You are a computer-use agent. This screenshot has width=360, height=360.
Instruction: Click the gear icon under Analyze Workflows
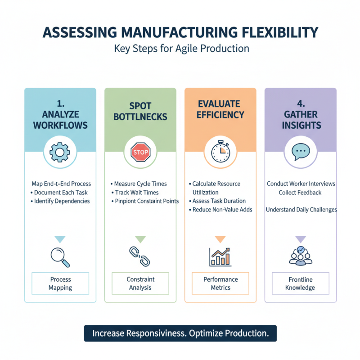tap(60, 153)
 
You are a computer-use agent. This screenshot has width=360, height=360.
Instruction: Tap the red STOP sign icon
tap(140, 153)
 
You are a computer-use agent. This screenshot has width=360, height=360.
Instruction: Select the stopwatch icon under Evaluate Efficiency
tap(220, 153)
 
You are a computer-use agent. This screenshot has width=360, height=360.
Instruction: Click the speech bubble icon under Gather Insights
tap(300, 153)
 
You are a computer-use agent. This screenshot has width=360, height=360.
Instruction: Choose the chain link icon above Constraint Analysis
tap(140, 256)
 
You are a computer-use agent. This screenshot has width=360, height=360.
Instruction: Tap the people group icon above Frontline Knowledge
tap(300, 256)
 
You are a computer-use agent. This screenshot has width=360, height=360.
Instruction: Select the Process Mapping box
tap(60, 283)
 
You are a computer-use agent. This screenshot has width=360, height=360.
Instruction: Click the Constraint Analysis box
tap(140, 283)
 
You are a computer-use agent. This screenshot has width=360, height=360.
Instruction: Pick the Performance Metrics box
tap(220, 283)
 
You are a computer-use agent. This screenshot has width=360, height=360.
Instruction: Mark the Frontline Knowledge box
tap(300, 283)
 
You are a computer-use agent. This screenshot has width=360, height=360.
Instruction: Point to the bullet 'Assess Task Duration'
tap(218, 201)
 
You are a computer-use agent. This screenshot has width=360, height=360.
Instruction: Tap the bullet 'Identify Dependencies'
tap(62, 201)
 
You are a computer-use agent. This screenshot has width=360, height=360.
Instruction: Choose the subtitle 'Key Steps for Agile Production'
tap(180, 49)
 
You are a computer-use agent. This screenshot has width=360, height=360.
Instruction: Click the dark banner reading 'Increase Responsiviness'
tap(180, 333)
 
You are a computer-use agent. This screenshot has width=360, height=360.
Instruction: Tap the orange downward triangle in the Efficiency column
tap(220, 239)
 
